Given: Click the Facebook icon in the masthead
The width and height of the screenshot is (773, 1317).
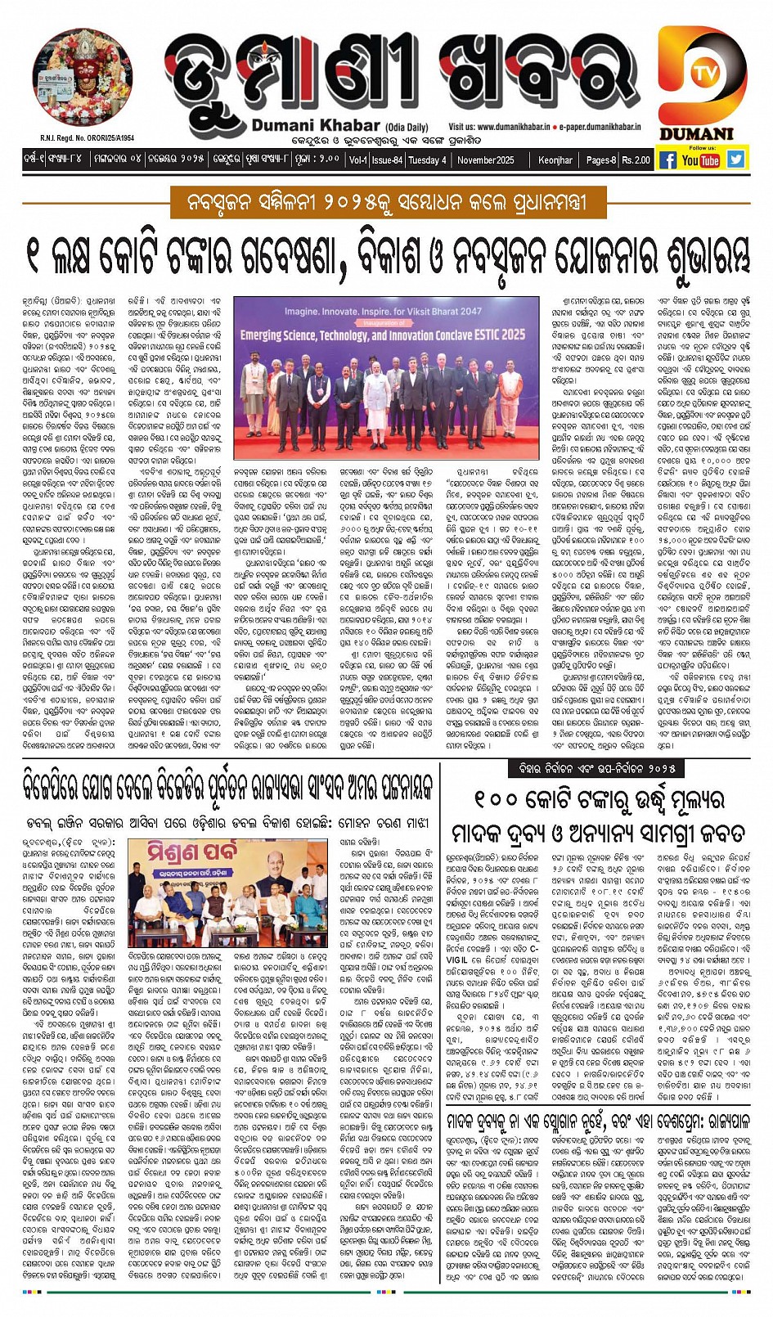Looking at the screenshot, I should click(668, 160).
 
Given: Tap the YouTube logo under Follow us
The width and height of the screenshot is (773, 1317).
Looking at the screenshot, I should click(700, 160).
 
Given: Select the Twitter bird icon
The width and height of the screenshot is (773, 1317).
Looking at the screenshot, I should click(735, 160).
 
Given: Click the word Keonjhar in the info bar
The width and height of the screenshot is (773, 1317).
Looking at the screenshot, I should click(555, 160).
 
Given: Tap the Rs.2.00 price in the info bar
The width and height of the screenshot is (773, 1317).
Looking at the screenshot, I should click(636, 160).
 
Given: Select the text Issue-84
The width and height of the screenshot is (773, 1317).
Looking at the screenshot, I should click(387, 160).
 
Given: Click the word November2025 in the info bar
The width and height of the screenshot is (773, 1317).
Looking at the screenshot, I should click(485, 160).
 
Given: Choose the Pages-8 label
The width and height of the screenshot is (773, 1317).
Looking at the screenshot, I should click(601, 160).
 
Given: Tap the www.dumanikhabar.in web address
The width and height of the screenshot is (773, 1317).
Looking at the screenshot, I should click(513, 128).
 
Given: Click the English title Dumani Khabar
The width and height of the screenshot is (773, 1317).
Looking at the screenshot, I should click(316, 125).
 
